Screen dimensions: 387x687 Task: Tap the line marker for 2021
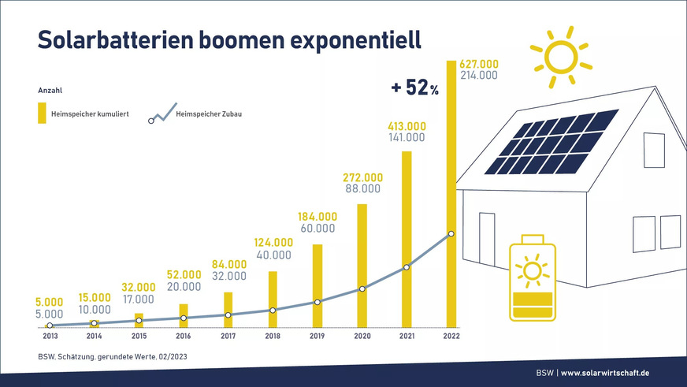tap(407, 267)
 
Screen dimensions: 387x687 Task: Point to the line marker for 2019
tap(317, 302)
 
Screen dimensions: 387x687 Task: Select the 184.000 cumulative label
tap(318, 217)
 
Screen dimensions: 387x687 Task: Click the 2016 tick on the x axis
tap(183, 336)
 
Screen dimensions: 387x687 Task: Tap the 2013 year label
tap(49, 336)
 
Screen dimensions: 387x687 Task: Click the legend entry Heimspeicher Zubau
tap(208, 117)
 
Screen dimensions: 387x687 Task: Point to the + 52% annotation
tap(414, 89)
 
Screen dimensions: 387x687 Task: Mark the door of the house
tap(485, 241)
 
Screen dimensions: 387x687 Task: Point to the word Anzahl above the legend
tap(50, 91)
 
